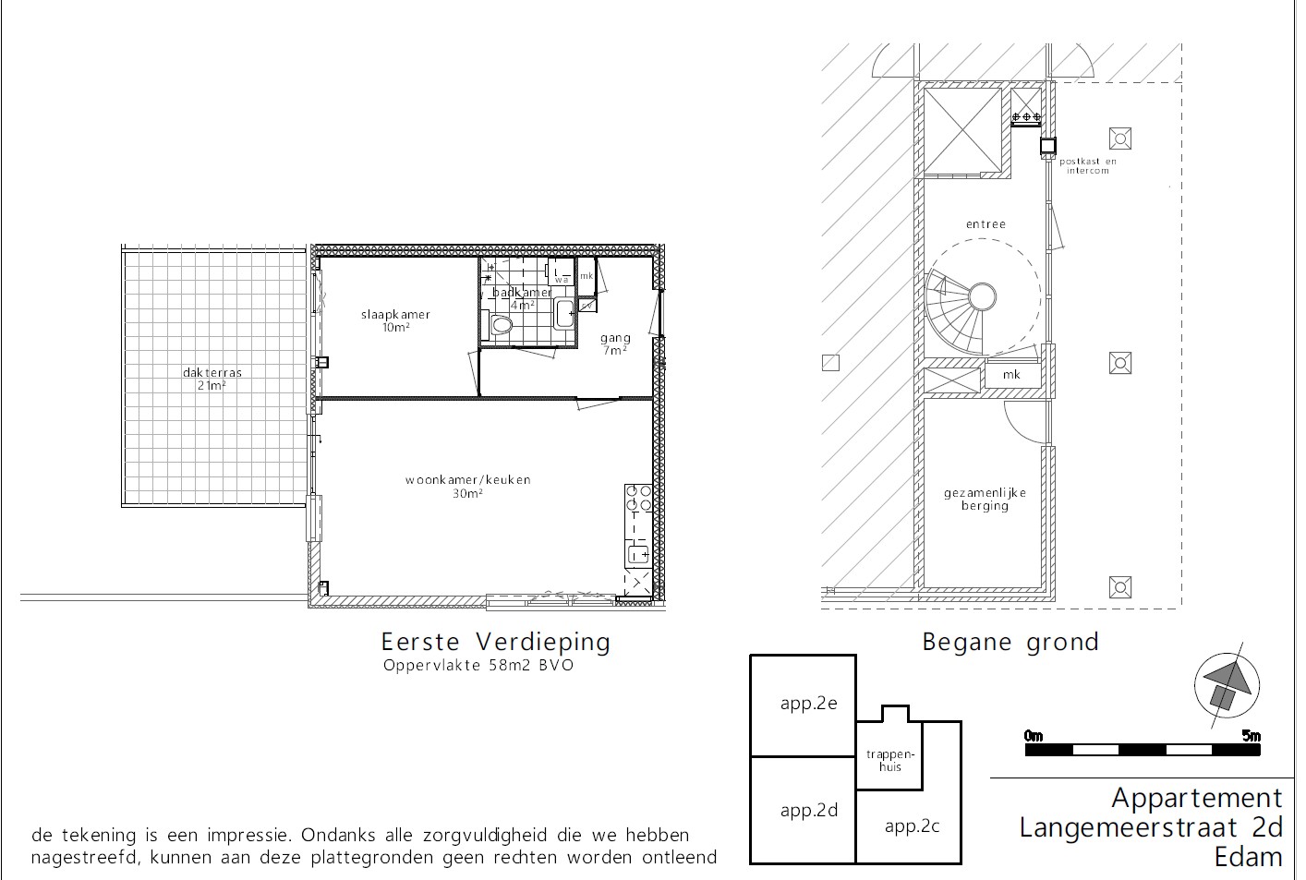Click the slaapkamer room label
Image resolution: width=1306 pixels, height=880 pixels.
coord(395,315)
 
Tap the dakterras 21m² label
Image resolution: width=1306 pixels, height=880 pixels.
coord(212,379)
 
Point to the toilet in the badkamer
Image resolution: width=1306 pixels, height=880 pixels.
coord(501,325)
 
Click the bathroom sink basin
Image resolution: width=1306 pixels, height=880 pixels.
coord(563,314)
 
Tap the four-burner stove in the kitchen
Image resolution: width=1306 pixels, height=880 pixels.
coord(638,499)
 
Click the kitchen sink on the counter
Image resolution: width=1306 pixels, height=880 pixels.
coord(638,554)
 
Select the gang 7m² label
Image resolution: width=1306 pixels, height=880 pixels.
coord(615,344)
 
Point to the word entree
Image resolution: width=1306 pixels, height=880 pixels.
coord(986,224)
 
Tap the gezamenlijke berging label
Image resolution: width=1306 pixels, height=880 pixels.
coord(985,500)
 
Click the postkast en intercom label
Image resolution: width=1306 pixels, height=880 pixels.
coord(1087,166)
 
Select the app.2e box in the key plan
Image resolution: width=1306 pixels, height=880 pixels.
coord(803,705)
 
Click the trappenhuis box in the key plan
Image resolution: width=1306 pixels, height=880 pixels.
coord(889,752)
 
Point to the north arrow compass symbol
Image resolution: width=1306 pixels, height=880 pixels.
coord(1227,686)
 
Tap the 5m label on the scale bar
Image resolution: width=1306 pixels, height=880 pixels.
coord(1252,736)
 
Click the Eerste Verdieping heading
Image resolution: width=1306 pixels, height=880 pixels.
coord(496,642)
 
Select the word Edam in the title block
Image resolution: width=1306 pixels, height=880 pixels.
coord(1249,857)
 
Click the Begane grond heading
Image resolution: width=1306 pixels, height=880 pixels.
coord(1010,643)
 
